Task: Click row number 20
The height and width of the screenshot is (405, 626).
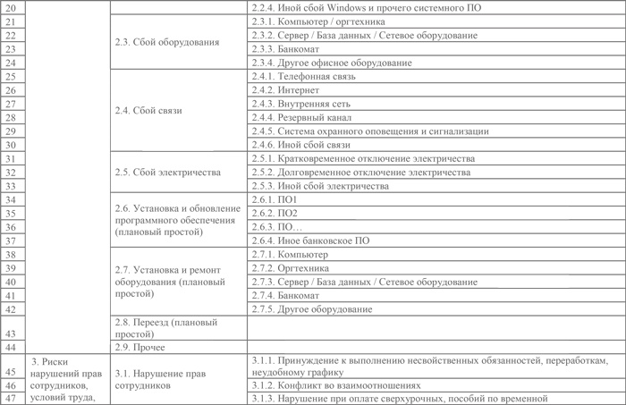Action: pos(11,8)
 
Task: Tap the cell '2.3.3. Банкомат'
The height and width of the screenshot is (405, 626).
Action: pos(283,49)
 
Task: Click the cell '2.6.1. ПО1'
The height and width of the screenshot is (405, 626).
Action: pos(274,200)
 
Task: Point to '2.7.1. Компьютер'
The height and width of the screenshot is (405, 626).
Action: pos(290,254)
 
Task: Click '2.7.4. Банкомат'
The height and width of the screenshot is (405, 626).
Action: pos(283,295)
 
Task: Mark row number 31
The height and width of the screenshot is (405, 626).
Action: pos(11,158)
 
